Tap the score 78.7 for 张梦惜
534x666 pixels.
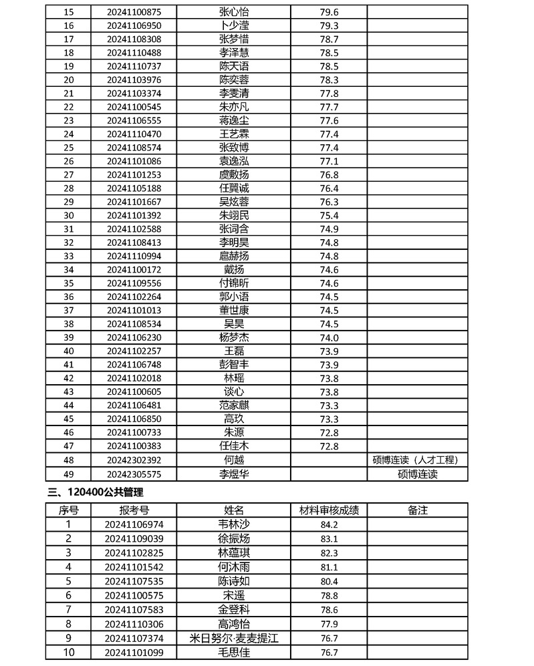[329, 39]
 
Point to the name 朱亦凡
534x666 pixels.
[234, 107]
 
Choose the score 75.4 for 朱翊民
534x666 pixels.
[329, 215]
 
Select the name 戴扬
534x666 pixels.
[234, 269]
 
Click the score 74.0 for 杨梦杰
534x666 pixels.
[329, 337]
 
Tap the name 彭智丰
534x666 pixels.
[234, 364]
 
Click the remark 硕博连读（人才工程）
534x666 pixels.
[417, 460]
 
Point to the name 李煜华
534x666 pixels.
[234, 474]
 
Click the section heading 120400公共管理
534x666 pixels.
[100, 492]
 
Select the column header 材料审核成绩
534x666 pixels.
[329, 510]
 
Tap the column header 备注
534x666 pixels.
[417, 510]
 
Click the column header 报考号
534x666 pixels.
[134, 510]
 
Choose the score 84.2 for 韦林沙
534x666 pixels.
[329, 524]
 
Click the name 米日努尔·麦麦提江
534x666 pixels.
[234, 638]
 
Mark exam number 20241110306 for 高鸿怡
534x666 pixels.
[134, 624]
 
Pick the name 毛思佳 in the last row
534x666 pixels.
[234, 652]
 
